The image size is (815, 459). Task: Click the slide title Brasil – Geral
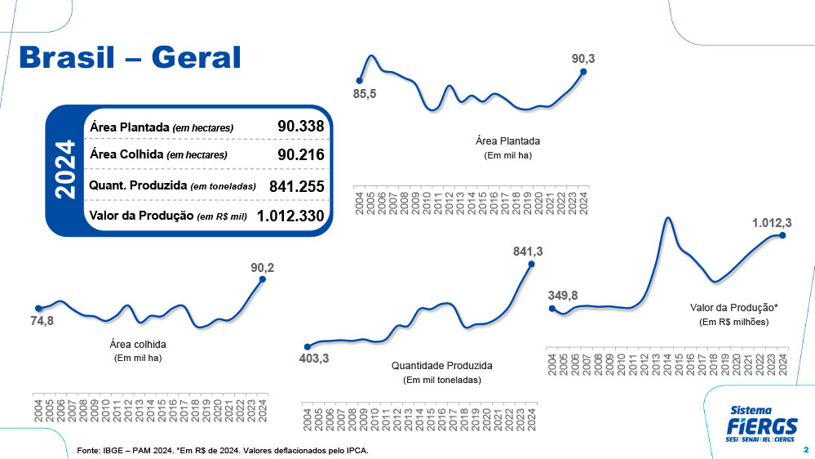(130, 58)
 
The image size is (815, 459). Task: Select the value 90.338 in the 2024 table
(301, 127)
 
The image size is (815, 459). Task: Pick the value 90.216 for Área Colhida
(301, 154)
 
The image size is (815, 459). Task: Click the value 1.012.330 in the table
(290, 216)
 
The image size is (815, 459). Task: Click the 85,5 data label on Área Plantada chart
(364, 95)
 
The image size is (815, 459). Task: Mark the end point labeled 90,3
(583, 72)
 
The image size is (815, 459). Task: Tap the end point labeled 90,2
(263, 279)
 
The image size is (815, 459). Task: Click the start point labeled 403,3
(308, 346)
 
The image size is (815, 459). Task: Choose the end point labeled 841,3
(531, 264)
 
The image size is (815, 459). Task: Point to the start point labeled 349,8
(552, 309)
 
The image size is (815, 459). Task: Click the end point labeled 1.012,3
(782, 235)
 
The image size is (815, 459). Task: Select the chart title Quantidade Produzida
(442, 366)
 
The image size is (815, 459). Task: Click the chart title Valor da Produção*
(734, 308)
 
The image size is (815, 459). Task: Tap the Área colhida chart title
(138, 344)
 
